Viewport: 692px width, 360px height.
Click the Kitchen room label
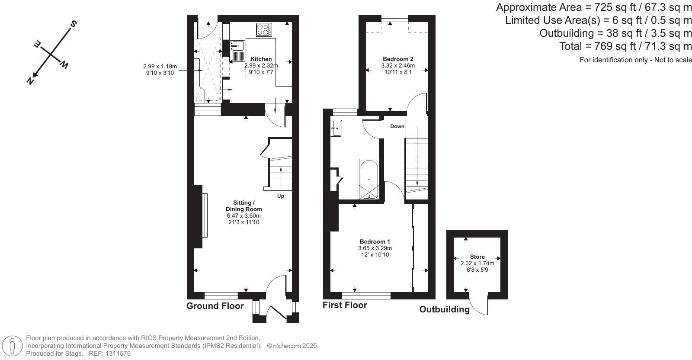point(261,59)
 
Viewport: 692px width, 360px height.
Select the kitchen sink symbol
point(237,50)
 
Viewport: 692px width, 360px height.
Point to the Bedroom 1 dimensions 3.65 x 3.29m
point(375,248)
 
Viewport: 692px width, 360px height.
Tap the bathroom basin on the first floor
point(336,128)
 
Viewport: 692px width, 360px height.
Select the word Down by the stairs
point(397,126)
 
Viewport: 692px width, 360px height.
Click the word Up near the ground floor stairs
point(280,196)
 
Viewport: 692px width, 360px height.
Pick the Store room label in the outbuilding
point(477,257)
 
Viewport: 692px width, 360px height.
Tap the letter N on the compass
point(30,80)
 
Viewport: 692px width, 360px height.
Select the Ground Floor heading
point(215,306)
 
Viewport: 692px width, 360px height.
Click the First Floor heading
point(345,305)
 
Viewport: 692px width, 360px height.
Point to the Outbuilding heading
point(444,309)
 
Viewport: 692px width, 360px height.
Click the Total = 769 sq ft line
point(625,46)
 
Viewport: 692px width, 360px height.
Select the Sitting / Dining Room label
point(244,206)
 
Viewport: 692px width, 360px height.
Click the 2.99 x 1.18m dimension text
point(160,66)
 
